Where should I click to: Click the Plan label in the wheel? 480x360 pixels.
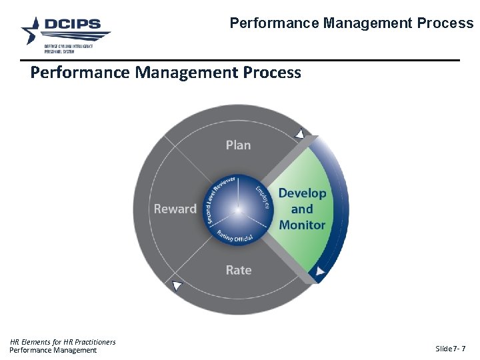pos(238,145)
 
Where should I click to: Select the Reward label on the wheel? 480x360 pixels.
pos(175,209)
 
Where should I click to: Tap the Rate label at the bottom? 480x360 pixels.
pos(238,270)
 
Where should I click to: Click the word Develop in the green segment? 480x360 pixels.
pos(302,193)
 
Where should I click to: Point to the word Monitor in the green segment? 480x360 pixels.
pos(302,225)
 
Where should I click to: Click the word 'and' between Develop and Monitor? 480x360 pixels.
pos(302,209)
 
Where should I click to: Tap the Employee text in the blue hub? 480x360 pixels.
pos(262,197)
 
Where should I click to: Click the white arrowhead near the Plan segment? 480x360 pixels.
pos(299,135)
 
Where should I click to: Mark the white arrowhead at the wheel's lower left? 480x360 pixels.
pos(177,285)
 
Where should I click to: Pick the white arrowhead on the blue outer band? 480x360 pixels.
pos(321,271)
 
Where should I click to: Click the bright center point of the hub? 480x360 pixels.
pos(238,210)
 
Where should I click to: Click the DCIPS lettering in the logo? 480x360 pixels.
pos(73,25)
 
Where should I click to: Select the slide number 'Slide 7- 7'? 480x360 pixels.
pos(450,349)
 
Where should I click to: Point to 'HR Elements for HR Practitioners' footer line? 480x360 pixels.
pos(63,342)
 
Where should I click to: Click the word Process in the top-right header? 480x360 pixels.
pos(445,23)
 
